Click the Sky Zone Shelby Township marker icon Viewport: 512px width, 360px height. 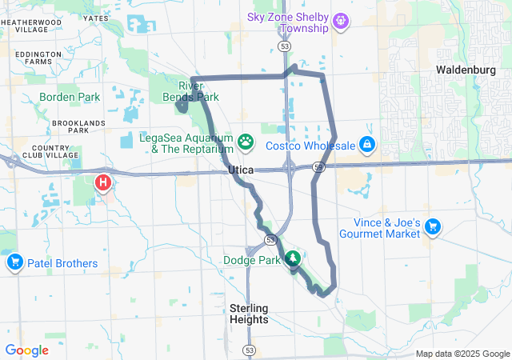(342, 19)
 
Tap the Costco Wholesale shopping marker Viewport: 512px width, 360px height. (366, 144)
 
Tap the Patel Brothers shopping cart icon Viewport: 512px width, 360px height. (14, 262)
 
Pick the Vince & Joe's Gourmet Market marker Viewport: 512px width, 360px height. (433, 227)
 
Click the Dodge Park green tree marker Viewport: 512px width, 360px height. (293, 258)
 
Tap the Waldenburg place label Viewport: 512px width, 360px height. (466, 70)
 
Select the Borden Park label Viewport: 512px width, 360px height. (68, 97)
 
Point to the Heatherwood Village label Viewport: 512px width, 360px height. (25, 25)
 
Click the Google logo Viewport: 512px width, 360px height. (26, 350)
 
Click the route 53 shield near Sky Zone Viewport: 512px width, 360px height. (285, 47)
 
